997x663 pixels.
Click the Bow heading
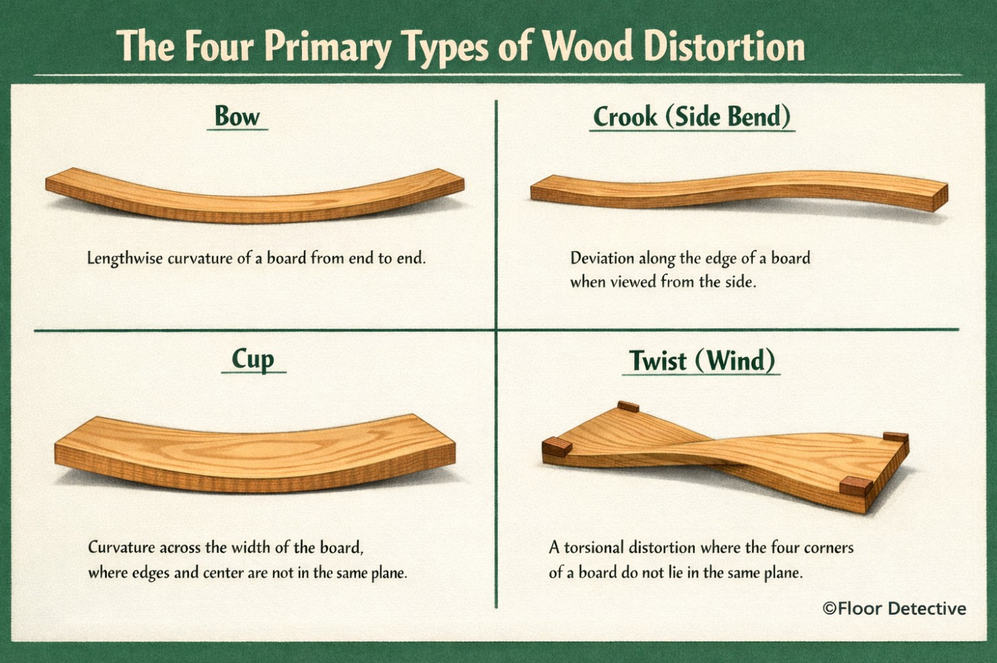coord(237,116)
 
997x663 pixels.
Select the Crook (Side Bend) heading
coord(692,117)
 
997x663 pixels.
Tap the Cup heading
coord(253,360)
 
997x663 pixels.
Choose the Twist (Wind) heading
coord(702,360)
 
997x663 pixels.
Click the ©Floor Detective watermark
coord(894,609)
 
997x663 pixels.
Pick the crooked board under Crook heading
coord(739,192)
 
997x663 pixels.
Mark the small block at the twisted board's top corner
coord(628,406)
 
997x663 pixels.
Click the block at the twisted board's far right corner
coord(895,437)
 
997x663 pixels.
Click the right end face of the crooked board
coord(940,198)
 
